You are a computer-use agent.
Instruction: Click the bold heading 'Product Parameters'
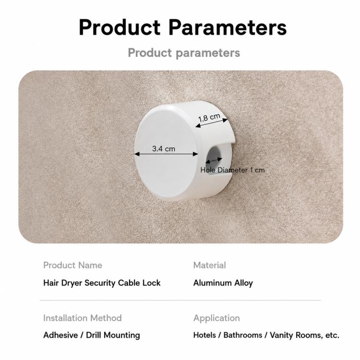[182, 27]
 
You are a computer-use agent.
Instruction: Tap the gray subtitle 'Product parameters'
[184, 53]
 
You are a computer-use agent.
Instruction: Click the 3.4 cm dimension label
[164, 148]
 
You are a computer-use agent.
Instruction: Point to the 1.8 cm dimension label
[209, 117]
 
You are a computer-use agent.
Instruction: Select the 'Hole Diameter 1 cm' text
[232, 170]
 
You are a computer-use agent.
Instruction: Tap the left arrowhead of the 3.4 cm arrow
[137, 154]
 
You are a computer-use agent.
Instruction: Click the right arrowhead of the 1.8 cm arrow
[225, 120]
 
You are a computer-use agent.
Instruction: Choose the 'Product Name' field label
[72, 265]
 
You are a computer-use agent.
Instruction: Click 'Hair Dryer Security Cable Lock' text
[102, 283]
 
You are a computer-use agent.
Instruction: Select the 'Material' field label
[210, 265]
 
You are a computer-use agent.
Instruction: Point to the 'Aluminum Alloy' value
[223, 283]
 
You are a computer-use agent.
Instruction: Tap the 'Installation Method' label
[83, 318]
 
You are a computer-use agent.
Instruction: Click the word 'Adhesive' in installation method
[60, 335]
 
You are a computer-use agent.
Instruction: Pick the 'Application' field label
[216, 318]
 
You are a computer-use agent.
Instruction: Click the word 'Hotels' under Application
[204, 335]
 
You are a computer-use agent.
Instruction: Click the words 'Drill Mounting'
[113, 335]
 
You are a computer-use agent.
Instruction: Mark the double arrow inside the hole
[214, 160]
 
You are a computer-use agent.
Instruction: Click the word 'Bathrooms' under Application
[243, 335]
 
